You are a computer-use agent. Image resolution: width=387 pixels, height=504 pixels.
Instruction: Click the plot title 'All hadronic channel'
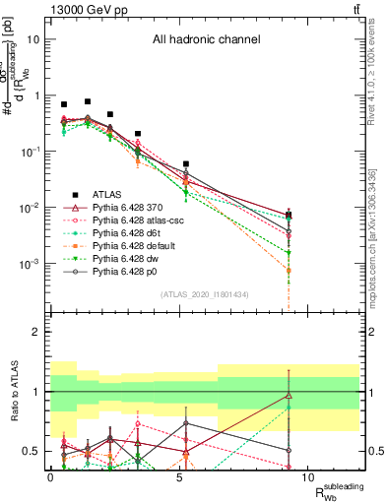click(206, 40)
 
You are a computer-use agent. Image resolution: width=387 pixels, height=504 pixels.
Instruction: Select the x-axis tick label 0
click(51, 476)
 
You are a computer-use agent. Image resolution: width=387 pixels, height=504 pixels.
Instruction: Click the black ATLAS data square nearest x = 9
click(289, 215)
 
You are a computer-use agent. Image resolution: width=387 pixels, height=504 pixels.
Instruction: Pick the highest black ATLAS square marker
click(88, 101)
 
